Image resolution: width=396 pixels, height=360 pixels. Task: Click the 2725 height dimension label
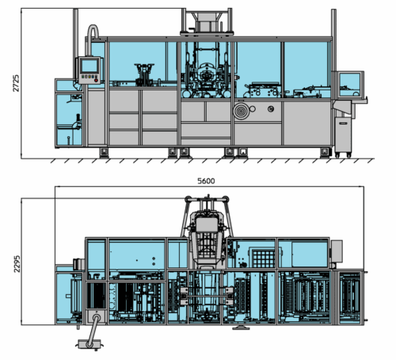[16, 83]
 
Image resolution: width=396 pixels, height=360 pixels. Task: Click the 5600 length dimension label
[206, 181]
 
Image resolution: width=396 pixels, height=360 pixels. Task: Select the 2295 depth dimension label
[17, 264]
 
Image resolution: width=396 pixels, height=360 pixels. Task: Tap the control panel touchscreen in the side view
[89, 66]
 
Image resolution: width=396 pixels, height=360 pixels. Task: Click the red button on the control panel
[96, 80]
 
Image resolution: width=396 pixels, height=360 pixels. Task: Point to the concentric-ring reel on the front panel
[241, 111]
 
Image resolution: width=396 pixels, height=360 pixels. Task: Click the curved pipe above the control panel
[93, 40]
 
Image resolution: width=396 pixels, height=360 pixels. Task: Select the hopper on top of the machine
[207, 21]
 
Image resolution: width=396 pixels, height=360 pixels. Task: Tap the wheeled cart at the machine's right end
[343, 137]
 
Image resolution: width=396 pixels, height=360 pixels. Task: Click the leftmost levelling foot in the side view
[104, 153]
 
